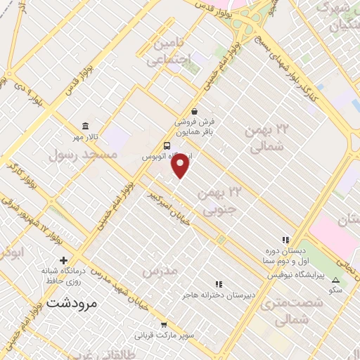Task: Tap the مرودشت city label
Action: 75,304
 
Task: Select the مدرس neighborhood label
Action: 156,271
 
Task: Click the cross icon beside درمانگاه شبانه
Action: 64,261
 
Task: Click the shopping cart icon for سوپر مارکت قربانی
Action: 164,325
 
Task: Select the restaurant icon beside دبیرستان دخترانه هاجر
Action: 219,285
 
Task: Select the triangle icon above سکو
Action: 335,280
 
